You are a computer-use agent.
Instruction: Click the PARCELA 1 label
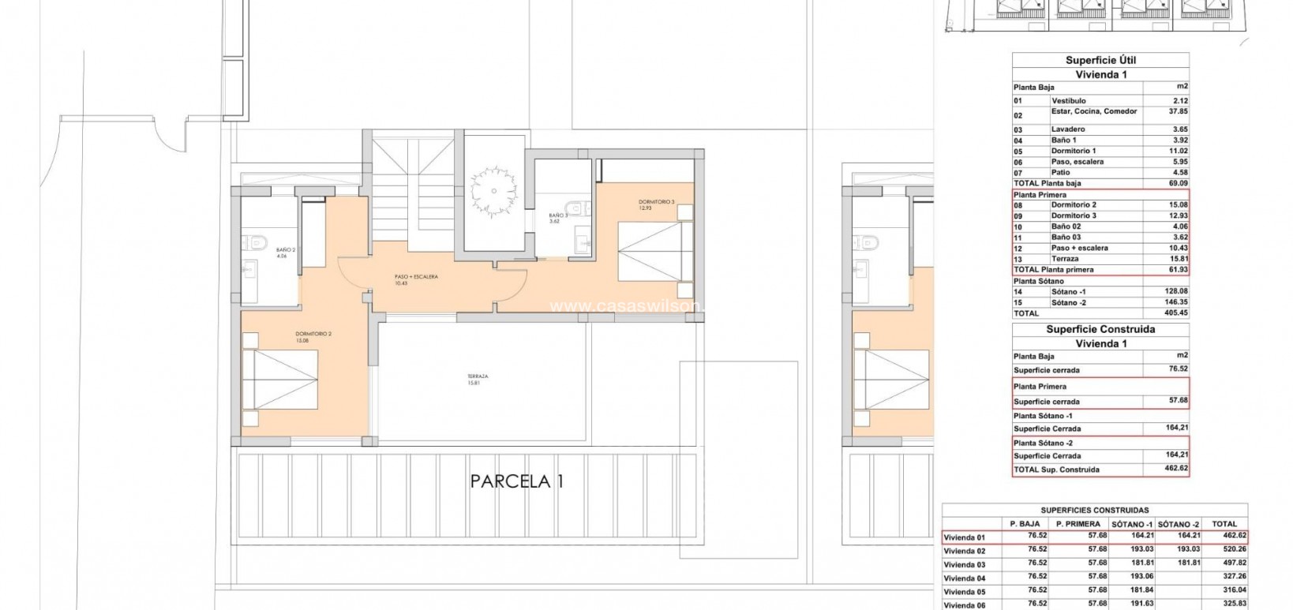point(517,481)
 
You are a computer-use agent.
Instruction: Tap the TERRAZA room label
point(478,380)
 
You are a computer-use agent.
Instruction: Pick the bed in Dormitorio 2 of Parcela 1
point(280,379)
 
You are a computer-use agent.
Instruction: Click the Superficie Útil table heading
point(1100,61)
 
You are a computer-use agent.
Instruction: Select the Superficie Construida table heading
point(1100,330)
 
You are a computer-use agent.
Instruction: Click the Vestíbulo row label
point(1068,101)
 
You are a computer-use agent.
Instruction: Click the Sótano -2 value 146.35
point(1175,302)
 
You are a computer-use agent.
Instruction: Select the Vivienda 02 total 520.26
point(1224,551)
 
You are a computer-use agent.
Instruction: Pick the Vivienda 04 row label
point(965,578)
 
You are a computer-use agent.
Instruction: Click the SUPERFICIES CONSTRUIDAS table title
point(1094,511)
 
